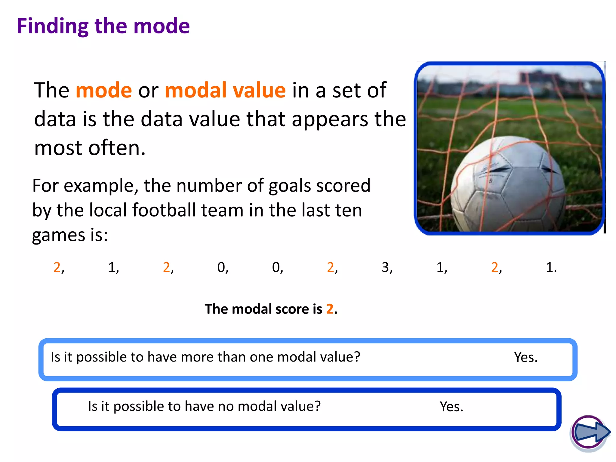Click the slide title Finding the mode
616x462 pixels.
103,26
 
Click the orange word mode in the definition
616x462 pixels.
104,90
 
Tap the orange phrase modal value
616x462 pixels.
225,90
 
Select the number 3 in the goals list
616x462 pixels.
385,267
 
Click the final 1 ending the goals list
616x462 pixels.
550,267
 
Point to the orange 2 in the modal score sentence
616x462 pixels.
330,309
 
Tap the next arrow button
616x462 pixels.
590,433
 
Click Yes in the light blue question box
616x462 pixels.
525,357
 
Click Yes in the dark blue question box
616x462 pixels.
451,407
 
